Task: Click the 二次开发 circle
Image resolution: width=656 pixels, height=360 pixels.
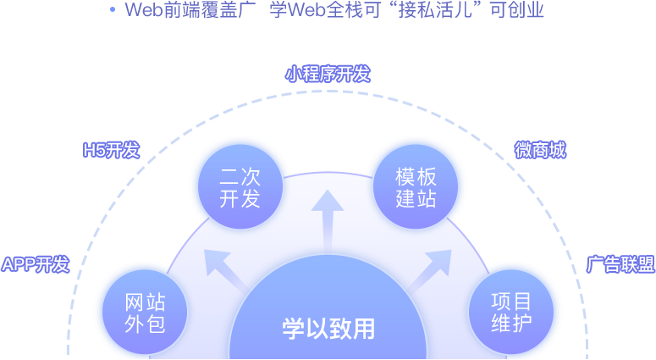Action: (x=240, y=188)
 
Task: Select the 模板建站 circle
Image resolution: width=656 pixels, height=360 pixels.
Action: (x=416, y=188)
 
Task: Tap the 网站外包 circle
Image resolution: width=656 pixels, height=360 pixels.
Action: (x=145, y=313)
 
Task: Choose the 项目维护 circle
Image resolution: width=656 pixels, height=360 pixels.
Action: (x=511, y=312)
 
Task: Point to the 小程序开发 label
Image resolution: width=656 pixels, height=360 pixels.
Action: (x=328, y=75)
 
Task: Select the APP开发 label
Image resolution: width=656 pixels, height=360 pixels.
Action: (x=36, y=264)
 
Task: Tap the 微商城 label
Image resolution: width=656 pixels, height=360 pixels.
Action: (x=540, y=152)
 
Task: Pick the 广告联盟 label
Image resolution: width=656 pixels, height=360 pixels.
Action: (x=620, y=264)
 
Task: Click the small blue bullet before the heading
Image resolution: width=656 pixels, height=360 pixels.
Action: (x=113, y=10)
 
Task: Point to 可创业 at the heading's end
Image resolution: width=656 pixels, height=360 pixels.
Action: (x=517, y=11)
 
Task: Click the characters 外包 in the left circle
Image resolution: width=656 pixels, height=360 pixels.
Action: (x=145, y=324)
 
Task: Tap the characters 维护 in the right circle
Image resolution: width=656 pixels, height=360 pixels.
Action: (x=511, y=323)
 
